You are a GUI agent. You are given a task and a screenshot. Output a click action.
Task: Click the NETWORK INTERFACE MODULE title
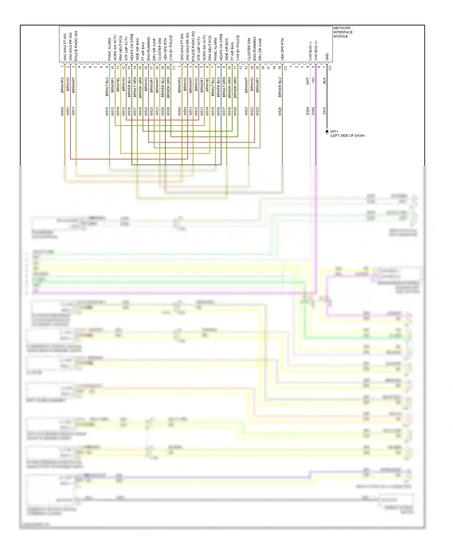point(342,32)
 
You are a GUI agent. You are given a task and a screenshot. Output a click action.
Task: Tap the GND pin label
point(327,57)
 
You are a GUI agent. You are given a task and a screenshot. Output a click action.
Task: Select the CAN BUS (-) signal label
point(310,51)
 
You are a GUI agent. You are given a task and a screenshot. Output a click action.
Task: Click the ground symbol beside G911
point(327,132)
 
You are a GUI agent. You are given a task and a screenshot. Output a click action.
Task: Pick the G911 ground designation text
point(334,131)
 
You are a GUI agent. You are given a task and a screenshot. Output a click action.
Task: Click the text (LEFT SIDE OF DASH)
point(347,136)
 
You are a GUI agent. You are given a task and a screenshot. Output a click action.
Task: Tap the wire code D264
point(308,111)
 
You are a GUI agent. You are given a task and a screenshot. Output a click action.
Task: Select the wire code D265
point(313,111)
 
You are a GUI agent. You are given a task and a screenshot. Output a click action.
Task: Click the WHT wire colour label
point(308,81)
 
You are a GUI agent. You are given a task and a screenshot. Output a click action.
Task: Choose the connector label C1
point(174,68)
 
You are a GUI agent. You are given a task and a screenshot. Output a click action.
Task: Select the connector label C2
point(285,68)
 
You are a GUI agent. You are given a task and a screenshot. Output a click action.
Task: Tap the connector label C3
point(330,68)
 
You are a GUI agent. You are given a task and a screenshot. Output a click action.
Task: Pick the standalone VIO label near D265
point(313,80)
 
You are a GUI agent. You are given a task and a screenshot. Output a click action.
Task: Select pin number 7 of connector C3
point(325,67)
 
